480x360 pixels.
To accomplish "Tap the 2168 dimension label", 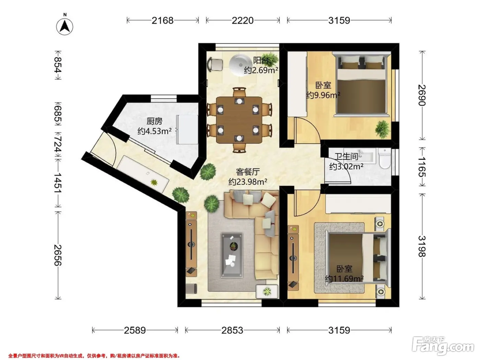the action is coord(163,21).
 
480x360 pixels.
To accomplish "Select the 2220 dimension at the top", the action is coord(242,21).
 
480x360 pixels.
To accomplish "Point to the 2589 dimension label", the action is coord(135,330).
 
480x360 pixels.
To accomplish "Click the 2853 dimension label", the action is coord(232,330).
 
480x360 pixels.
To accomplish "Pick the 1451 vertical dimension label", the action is coord(58,183).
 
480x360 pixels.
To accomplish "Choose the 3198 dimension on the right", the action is coord(422,246).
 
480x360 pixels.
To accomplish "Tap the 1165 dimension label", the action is coord(422,167).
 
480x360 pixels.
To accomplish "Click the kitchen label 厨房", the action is coord(154,121).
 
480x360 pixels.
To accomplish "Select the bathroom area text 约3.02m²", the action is coord(346,167).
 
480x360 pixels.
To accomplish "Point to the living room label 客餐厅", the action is coord(248,172).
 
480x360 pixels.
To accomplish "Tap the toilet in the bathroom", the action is coord(385,158).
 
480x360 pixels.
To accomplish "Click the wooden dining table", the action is coord(239,120).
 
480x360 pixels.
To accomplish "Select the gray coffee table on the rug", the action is coord(232,255).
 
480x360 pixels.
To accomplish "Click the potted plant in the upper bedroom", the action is coord(383,129).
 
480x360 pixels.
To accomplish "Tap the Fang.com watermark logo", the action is coord(443,346).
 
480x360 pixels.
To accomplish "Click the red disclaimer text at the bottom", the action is coord(94,356).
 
